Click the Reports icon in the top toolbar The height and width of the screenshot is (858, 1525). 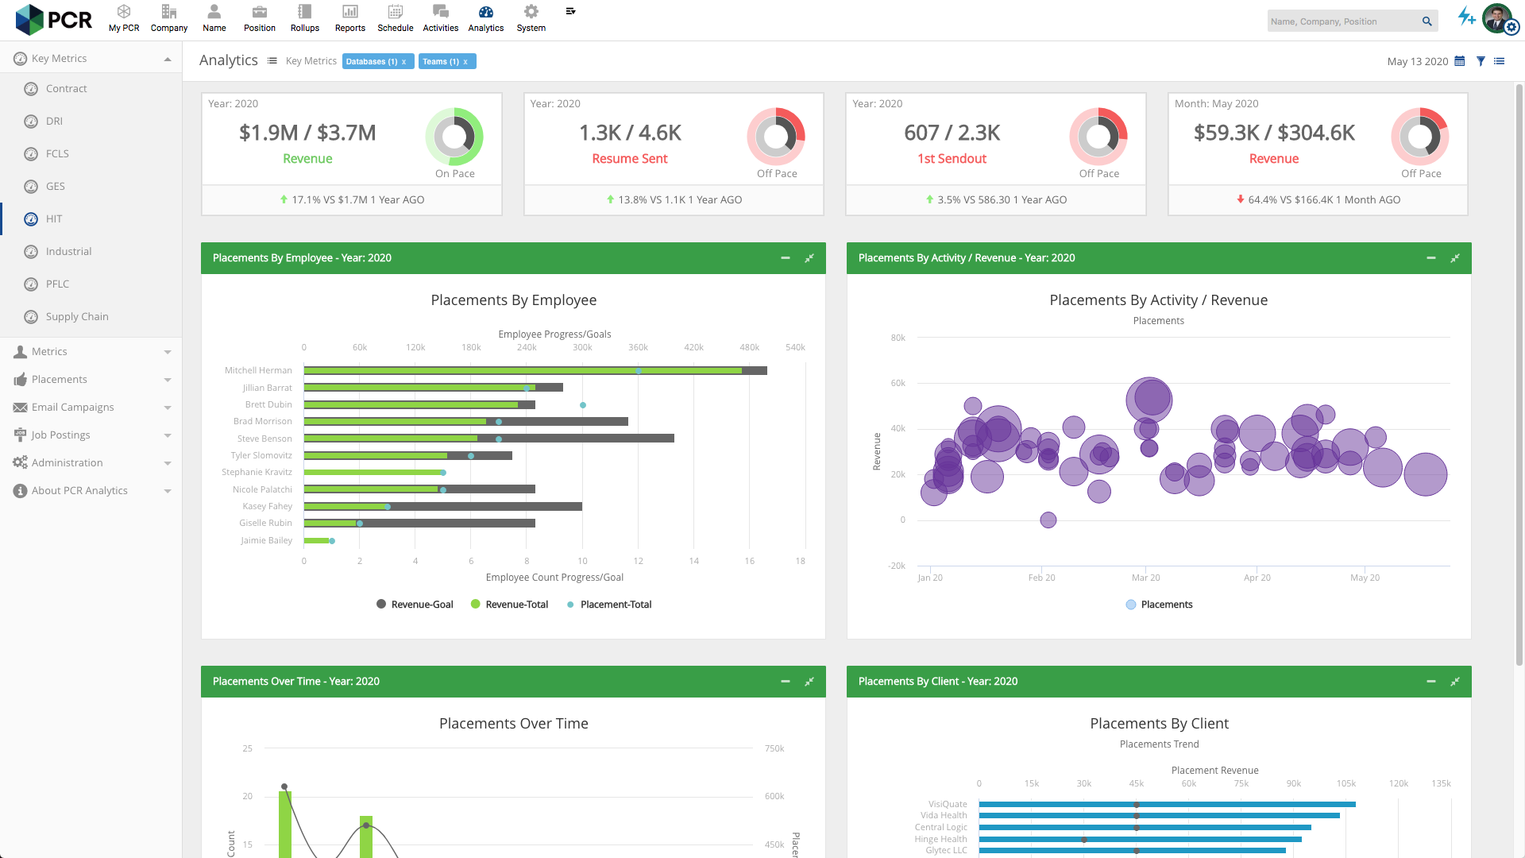tap(349, 13)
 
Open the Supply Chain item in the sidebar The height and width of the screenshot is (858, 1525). tap(77, 316)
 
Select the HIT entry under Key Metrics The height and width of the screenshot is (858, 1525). tap(53, 218)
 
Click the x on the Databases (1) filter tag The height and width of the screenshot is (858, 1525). tap(403, 62)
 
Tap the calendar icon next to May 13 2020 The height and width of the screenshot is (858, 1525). tap(1459, 61)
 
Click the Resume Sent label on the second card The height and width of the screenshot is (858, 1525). tap(629, 159)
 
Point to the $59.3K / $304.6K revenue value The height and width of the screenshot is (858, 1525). tap(1273, 133)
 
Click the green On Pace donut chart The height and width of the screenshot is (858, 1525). tap(454, 137)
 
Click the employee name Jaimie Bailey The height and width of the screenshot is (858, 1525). tap(266, 540)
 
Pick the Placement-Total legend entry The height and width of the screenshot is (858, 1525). tap(609, 605)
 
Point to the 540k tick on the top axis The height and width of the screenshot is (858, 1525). tap(795, 347)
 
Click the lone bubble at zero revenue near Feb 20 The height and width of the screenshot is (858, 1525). tap(1048, 520)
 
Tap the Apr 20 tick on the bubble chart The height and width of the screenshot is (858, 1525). tap(1257, 578)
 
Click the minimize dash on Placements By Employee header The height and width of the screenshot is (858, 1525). tap(785, 258)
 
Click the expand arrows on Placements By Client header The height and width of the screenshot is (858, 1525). tap(1454, 682)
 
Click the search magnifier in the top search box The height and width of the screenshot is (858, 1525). tap(1427, 21)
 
